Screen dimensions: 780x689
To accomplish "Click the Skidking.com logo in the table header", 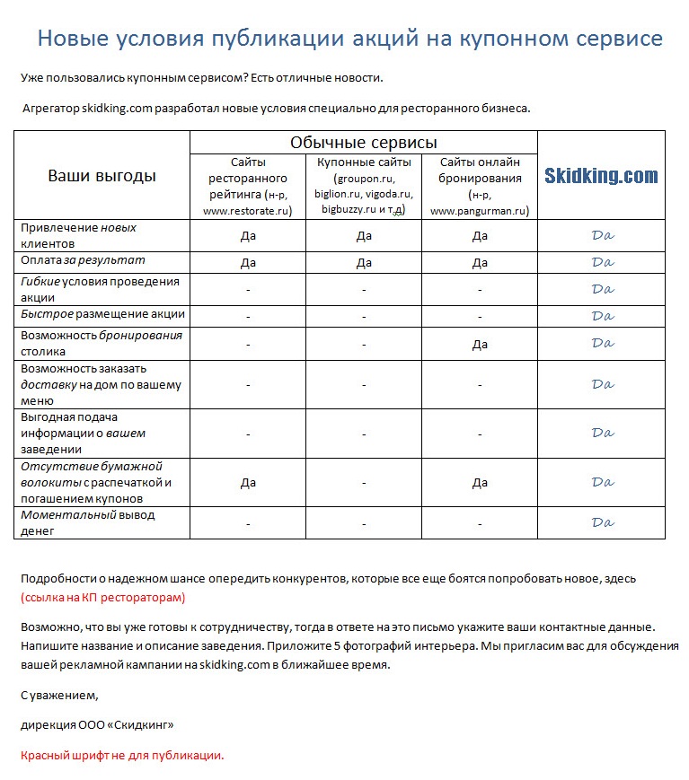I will point(601,176).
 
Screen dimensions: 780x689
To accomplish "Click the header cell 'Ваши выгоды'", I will point(102,176).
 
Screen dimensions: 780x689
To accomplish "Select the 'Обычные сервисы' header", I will point(363,143).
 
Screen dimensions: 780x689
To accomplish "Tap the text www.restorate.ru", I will point(248,211).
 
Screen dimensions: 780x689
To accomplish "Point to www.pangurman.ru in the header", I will point(480,211).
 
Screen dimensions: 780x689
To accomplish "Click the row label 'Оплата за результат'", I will point(83,260).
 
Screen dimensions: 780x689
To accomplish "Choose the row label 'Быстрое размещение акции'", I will point(103,314).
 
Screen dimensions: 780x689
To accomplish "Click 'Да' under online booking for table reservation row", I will point(480,344).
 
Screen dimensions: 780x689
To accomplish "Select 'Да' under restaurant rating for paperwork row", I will point(248,483).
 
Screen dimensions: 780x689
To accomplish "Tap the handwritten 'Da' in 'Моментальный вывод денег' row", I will point(602,522).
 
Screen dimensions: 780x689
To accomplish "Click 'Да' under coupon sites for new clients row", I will point(364,236).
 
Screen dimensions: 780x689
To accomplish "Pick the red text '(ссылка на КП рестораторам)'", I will point(102,597).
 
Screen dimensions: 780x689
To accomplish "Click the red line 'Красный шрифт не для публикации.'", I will point(122,755).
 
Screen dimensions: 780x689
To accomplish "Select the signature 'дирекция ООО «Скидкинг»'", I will point(96,724).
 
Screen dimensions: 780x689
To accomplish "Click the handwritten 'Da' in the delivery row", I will point(602,384).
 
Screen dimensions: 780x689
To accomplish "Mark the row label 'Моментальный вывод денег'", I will point(87,522).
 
